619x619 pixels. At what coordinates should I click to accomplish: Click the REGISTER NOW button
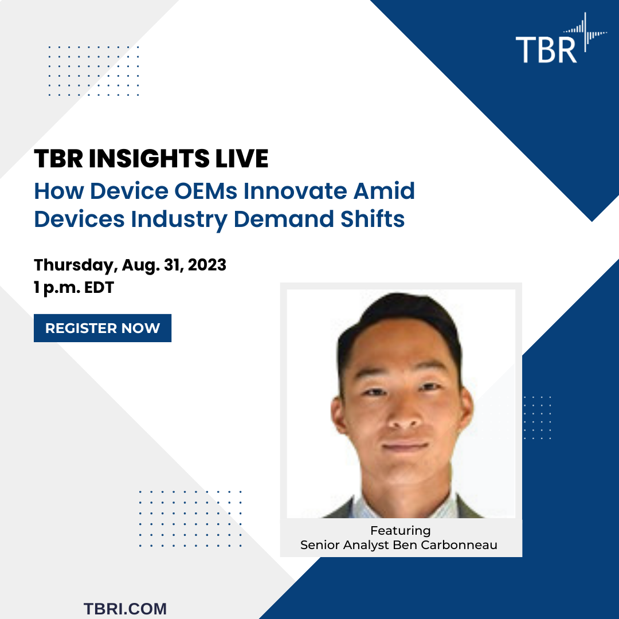tap(103, 328)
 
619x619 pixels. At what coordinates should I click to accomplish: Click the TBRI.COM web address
tap(125, 608)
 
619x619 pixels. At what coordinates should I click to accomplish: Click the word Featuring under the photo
tap(400, 530)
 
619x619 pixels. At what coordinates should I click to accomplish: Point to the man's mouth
tap(404, 446)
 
